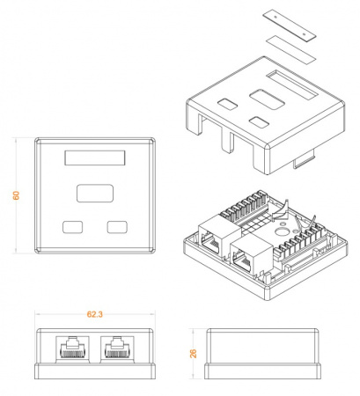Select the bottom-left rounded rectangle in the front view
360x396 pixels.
click(72, 226)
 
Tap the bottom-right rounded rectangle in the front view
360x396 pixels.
click(115, 226)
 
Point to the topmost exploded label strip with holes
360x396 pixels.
click(290, 24)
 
